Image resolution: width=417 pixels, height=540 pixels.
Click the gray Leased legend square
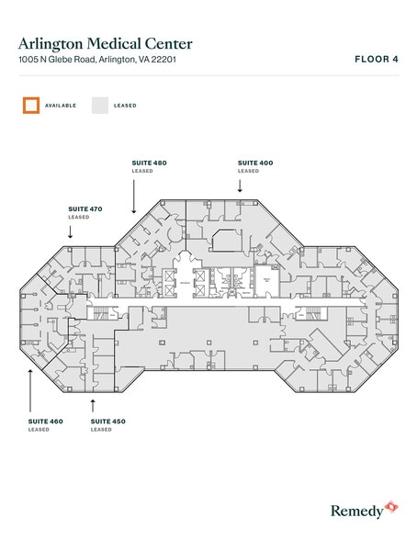click(x=99, y=105)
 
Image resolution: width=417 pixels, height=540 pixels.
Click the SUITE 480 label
click(x=150, y=163)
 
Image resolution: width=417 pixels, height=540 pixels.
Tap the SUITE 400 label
click(x=255, y=163)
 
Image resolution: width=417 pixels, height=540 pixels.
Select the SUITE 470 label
click(x=85, y=208)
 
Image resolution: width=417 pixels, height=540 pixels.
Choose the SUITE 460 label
click(x=46, y=421)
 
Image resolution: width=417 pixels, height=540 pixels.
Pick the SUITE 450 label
click(x=108, y=421)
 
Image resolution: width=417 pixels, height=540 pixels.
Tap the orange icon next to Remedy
click(x=390, y=507)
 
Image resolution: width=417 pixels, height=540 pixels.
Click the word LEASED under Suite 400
click(x=248, y=171)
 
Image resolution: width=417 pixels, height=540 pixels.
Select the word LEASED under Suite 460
click(x=39, y=429)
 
